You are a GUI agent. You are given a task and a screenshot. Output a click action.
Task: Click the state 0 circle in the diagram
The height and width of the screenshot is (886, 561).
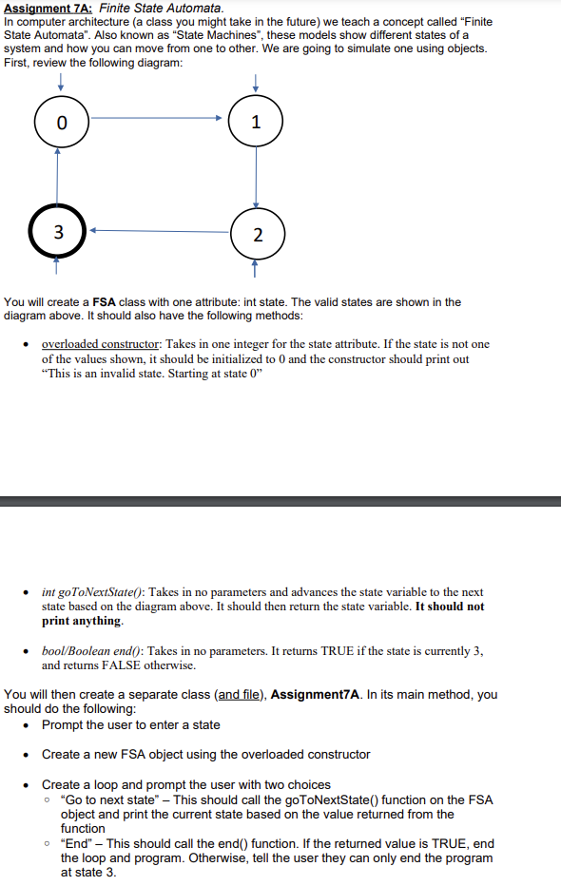point(62,122)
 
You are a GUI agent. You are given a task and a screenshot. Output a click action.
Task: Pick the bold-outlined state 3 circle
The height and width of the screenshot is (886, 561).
point(60,232)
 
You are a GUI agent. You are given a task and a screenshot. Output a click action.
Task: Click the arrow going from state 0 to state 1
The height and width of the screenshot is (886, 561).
point(157,118)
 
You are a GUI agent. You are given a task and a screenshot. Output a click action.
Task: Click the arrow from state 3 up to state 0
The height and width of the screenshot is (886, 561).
point(59,176)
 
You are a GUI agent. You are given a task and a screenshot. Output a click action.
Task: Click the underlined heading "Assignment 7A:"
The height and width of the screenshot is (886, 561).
point(48,8)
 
